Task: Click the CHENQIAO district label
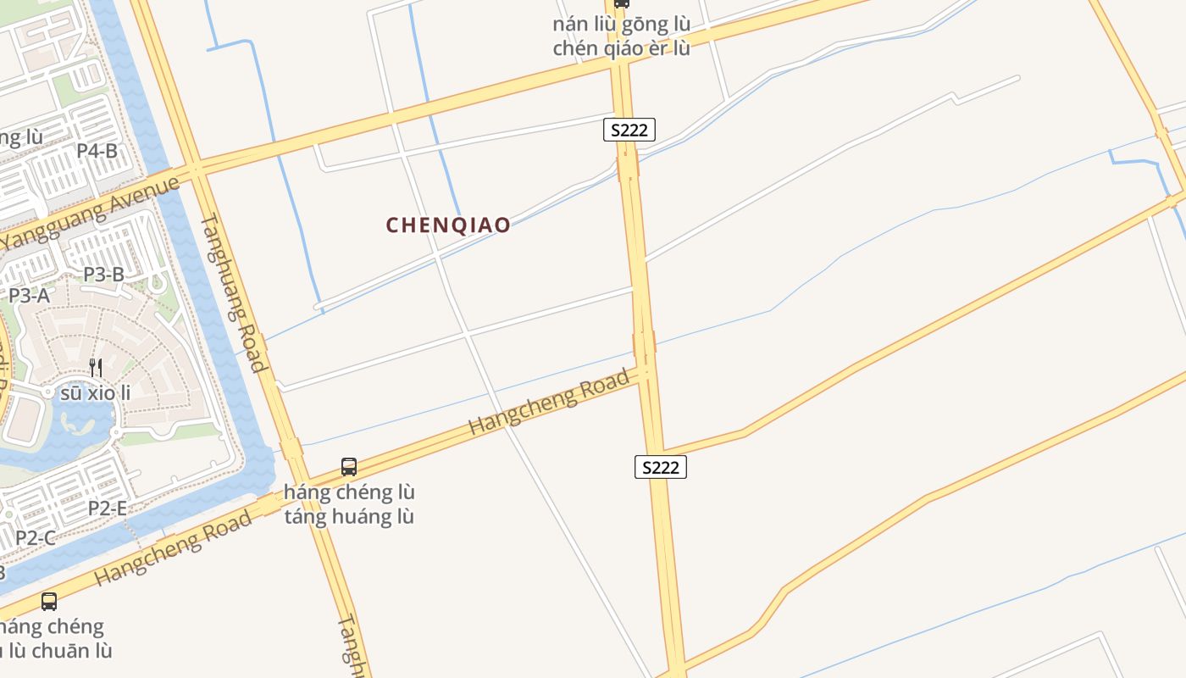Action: click(448, 225)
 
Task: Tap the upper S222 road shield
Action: click(629, 130)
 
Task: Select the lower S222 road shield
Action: click(660, 466)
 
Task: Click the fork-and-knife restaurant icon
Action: click(96, 367)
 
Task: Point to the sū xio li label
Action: click(96, 392)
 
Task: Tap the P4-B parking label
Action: click(97, 151)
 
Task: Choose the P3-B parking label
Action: click(103, 274)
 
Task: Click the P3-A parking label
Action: click(29, 295)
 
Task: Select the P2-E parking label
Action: click(108, 508)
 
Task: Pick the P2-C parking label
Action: click(36, 537)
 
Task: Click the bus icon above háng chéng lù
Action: click(349, 466)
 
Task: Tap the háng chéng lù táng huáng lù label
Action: click(349, 503)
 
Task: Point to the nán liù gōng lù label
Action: click(621, 25)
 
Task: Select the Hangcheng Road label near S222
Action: click(550, 402)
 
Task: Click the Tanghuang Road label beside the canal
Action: click(234, 293)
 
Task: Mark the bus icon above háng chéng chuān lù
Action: click(49, 602)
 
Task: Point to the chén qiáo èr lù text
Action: click(621, 48)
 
